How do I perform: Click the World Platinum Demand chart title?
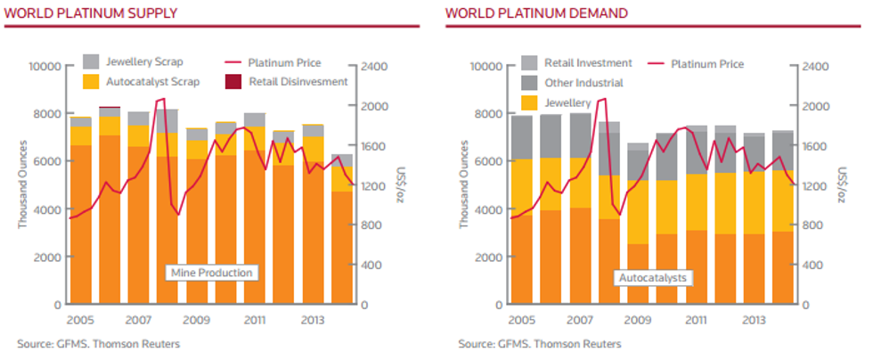click(536, 13)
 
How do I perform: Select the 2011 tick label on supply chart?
click(255, 321)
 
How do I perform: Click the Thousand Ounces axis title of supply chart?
click(24, 183)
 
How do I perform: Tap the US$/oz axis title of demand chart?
click(843, 184)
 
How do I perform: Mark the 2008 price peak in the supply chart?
click(160, 100)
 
